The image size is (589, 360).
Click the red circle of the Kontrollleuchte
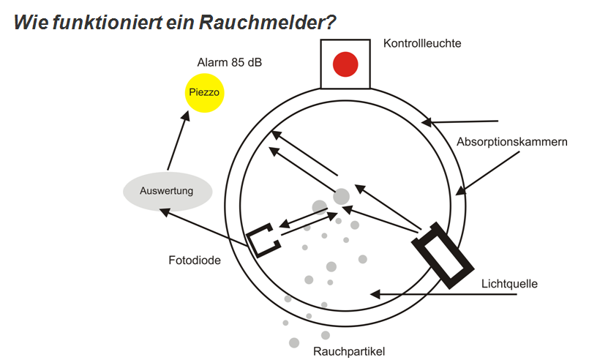pos(345,64)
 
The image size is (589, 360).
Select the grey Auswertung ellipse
pos(167,192)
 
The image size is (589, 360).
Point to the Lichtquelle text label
pos(509,283)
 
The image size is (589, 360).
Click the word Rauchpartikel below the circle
pos(349,350)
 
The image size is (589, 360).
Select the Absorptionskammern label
pos(511,141)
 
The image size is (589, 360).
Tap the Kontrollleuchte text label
pos(422,43)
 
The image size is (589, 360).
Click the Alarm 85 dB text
pos(229,62)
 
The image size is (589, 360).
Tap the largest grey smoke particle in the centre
pos(342,196)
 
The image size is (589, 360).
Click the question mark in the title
pos(331,22)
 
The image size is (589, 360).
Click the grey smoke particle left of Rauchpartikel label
pos(294,342)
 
